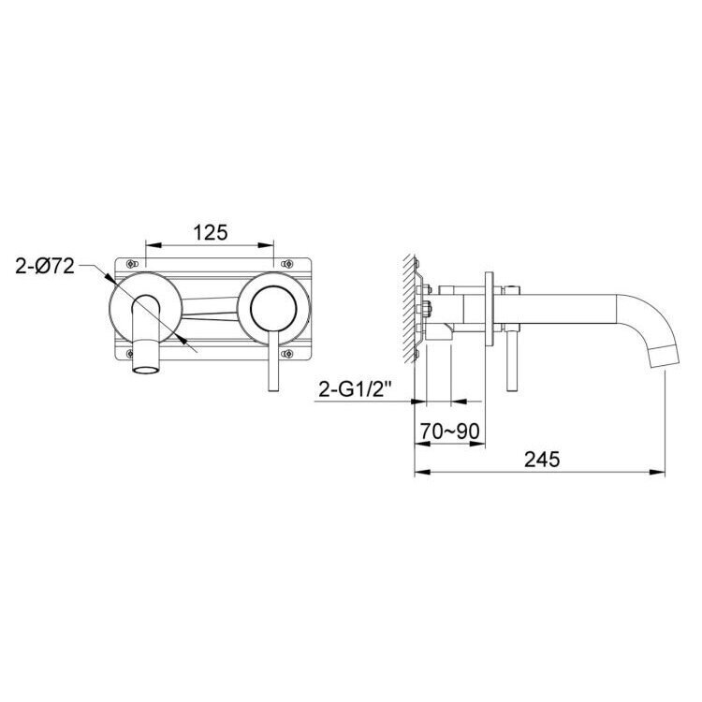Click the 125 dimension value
coord(211,233)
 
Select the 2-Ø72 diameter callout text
coord(45,267)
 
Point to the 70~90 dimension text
coord(450,431)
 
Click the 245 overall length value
coord(542,460)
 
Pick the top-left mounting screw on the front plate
coord(130,264)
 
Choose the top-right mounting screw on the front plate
coord(286,264)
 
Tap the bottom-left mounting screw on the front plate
coord(130,354)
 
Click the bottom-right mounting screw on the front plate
coord(286,354)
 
